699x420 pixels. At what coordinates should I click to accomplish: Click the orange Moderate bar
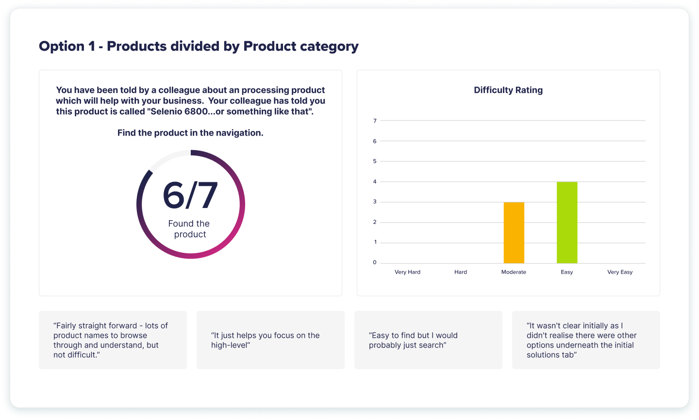point(514,233)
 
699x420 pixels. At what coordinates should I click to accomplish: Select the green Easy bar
point(567,223)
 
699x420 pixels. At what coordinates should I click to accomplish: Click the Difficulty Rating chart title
point(508,90)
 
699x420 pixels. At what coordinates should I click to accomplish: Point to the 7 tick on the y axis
point(375,121)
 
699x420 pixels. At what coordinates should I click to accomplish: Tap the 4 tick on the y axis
point(375,182)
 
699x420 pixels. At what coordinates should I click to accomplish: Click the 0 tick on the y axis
point(375,262)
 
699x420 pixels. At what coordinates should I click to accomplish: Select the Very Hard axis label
point(407,272)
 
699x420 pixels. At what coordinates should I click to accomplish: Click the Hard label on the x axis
point(461,272)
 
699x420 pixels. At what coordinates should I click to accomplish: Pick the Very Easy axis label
point(620,272)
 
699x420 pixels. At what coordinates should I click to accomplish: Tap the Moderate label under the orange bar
point(514,272)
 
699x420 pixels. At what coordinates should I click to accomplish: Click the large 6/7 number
point(190,195)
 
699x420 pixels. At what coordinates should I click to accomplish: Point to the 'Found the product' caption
point(189,229)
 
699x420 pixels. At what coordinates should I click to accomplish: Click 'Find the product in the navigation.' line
point(190,133)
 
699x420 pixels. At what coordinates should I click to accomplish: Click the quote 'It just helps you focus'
point(265,340)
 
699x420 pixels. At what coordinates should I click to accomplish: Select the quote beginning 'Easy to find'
point(413,340)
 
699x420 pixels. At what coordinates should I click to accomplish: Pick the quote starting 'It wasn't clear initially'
point(581,340)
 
